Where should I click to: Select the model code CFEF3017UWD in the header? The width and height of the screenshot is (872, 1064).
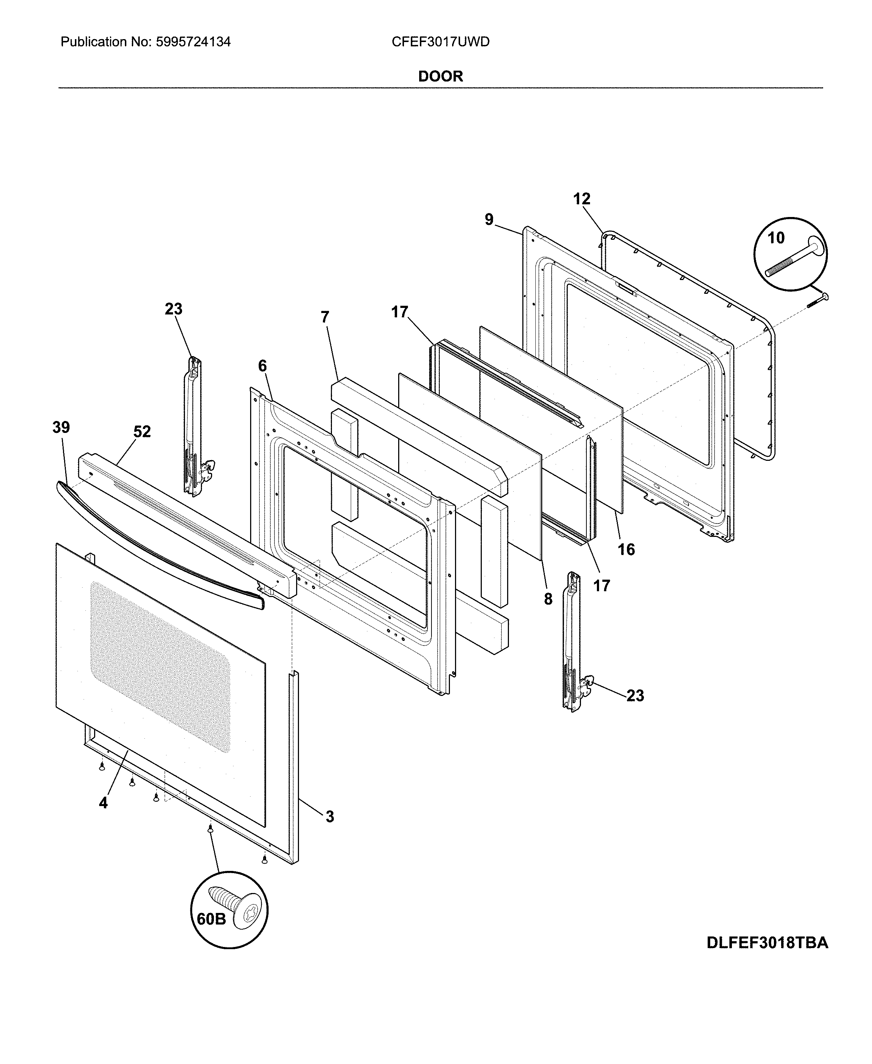tap(440, 42)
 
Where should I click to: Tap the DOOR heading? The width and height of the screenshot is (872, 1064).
tap(440, 76)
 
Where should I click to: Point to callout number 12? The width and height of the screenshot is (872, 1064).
tap(582, 199)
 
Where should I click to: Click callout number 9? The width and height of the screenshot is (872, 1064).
tap(489, 220)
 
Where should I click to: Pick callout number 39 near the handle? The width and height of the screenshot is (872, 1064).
tap(61, 428)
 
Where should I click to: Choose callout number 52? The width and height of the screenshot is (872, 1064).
tap(142, 432)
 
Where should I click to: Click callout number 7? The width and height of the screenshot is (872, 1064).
tap(325, 317)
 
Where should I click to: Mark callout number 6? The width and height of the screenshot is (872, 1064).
tap(262, 366)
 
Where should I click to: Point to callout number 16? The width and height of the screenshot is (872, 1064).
tap(626, 549)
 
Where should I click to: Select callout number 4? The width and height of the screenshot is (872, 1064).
tap(103, 803)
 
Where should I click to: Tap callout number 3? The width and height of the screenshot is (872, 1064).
tap(329, 817)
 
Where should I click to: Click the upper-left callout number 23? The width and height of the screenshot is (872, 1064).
tap(173, 309)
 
